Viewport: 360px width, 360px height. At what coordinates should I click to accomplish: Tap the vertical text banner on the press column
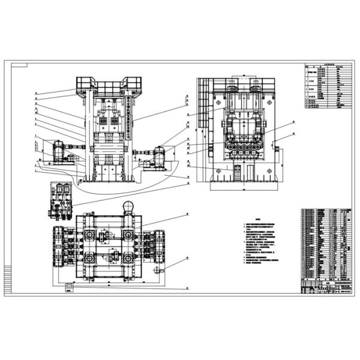[x=128, y=114]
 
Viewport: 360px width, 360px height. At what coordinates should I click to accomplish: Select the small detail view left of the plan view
[x=62, y=199]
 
